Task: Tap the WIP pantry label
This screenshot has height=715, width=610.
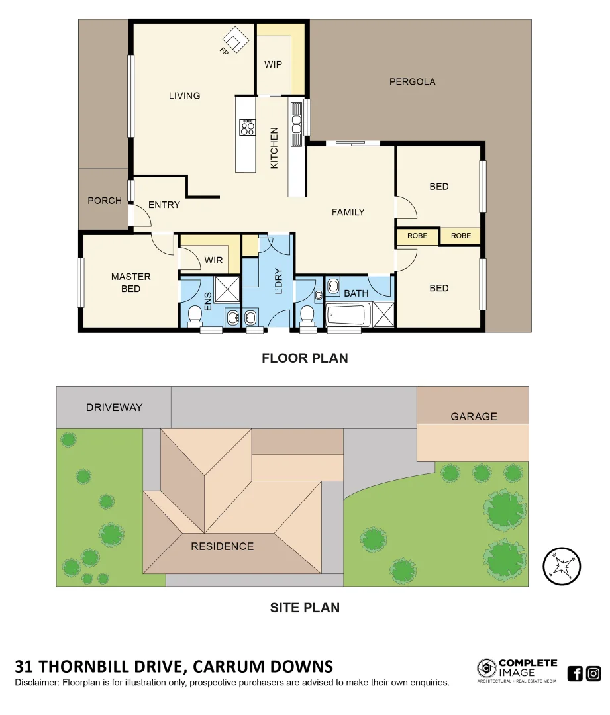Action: click(x=273, y=64)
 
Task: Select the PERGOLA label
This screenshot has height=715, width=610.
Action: click(x=412, y=82)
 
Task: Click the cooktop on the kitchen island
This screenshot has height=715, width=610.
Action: click(x=248, y=127)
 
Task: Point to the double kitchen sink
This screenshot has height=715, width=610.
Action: click(x=297, y=124)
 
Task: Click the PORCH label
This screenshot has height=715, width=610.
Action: click(x=105, y=201)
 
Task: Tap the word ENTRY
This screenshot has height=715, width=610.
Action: click(x=164, y=205)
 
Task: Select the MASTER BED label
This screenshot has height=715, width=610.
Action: click(x=130, y=283)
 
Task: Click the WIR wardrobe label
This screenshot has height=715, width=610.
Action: click(x=213, y=260)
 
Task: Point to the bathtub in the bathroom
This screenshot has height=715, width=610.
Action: click(x=346, y=314)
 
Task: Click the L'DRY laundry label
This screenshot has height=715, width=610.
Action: click(x=278, y=281)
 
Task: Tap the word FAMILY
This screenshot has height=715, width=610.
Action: click(x=348, y=212)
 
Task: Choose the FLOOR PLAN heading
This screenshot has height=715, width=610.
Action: click(x=305, y=358)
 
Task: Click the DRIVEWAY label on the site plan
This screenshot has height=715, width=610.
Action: click(x=114, y=407)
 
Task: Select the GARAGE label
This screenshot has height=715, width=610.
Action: click(x=474, y=416)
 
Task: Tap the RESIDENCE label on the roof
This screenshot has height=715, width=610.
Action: click(x=222, y=546)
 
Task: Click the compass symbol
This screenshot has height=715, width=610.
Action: click(x=562, y=566)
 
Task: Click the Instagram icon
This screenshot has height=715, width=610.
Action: click(x=594, y=674)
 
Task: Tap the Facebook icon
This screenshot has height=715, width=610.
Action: click(x=576, y=674)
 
